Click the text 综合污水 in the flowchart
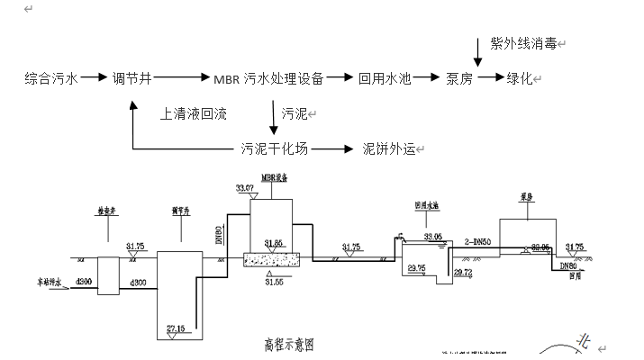point(50,78)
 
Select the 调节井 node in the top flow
point(131,78)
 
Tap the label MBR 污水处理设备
point(268,78)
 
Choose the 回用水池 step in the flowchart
point(385,78)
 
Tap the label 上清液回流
point(193,114)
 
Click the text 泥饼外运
point(388,148)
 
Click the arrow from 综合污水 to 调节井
point(94,78)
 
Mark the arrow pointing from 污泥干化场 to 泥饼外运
point(332,148)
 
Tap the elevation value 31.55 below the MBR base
point(274,281)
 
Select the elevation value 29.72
point(462,272)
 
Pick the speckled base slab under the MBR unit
point(275,260)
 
